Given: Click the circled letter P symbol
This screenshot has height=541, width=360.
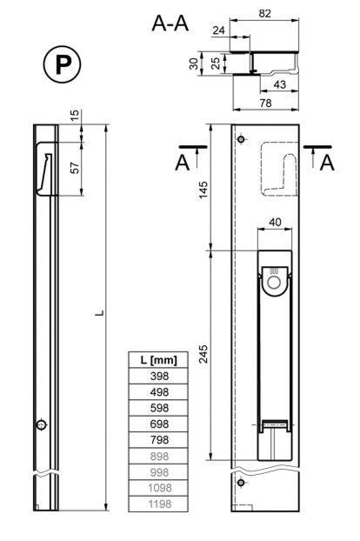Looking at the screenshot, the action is pos(62,63).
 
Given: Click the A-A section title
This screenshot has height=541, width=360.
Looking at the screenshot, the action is pos(170,23).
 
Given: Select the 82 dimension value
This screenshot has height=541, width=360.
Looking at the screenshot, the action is pos(265,13).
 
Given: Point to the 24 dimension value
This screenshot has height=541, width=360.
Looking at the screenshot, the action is pos(218,30).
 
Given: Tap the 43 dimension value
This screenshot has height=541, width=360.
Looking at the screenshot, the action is pos(279,84).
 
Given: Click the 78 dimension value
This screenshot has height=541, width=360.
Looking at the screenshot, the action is pos(265,103).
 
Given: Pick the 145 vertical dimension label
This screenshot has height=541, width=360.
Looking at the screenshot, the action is pos(203,190).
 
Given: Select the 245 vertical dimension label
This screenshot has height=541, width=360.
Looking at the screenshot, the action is pos(203,353).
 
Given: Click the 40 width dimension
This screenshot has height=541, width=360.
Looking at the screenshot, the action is pos(275,222).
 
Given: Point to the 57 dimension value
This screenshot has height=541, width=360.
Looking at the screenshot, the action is pos(75,168).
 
